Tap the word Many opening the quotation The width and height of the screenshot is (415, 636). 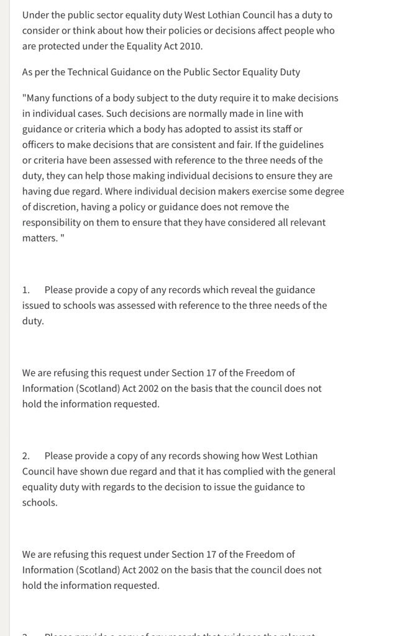(40, 98)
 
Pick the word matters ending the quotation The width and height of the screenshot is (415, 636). (39, 238)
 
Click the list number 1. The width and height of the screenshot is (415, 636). (25, 290)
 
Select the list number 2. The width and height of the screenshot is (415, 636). (25, 456)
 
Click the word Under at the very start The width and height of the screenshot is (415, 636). (35, 15)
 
